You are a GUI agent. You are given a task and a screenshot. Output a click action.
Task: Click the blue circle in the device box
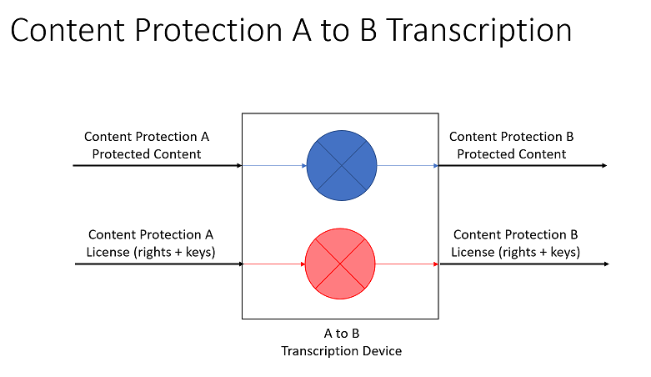[x=342, y=166]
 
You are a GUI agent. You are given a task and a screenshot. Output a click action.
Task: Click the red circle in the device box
[x=341, y=264]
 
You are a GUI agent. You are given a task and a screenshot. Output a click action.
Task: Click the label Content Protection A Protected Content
[x=147, y=145]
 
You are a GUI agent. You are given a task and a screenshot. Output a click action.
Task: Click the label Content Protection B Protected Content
[x=511, y=145]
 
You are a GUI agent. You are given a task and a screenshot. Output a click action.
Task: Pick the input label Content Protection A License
[x=150, y=244]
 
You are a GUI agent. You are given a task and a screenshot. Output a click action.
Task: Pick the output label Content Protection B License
[x=515, y=244]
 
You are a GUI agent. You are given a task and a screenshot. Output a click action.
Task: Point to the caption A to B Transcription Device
[x=341, y=342]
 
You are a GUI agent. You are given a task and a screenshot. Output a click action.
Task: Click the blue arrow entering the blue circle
[x=275, y=166]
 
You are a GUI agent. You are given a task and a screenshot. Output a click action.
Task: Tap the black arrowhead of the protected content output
[x=603, y=166]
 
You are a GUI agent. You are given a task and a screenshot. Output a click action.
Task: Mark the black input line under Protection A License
[x=158, y=264]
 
